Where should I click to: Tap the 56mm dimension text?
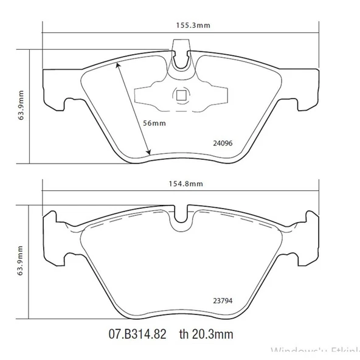pyautogui.click(x=154, y=123)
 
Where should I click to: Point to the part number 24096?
pyautogui.click(x=223, y=144)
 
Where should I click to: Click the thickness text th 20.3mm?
pyautogui.click(x=206, y=334)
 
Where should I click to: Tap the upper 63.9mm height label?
pyautogui.click(x=21, y=106)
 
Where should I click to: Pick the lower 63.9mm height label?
pyautogui.click(x=21, y=263)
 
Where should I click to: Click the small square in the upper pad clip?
pyautogui.click(x=181, y=95)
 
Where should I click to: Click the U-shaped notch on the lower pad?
pyautogui.click(x=181, y=222)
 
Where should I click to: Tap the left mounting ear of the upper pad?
pyautogui.click(x=54, y=91)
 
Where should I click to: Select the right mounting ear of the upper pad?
pyautogui.click(x=309, y=91)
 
